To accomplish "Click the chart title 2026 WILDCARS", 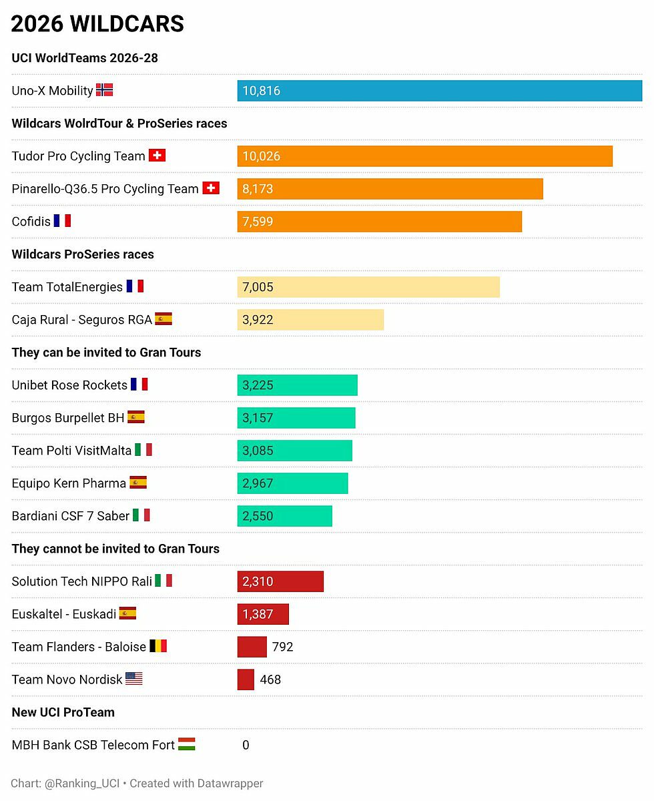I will coord(97,24).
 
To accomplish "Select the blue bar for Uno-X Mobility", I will coord(439,91).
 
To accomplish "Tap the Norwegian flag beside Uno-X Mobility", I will coord(104,90).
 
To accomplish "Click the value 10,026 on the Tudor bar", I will coord(261,156).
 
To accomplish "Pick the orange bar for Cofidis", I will coord(379,222).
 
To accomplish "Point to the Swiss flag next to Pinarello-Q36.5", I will coord(210,188).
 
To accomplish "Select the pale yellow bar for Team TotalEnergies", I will coord(368,287).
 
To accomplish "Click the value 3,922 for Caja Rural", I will coord(258,320).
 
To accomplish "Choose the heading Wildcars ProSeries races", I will coord(83,254).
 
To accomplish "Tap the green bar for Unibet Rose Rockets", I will coord(297,385).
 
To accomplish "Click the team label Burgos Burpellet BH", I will coord(68,418).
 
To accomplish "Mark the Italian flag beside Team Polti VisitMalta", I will coord(143,450).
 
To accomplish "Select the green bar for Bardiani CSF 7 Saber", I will coord(284,516).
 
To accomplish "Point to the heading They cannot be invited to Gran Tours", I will coord(115,549).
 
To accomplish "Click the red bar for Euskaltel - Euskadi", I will coord(263,614).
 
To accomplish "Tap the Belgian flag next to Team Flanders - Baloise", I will coord(157,646).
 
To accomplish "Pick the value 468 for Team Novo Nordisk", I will coord(270,680).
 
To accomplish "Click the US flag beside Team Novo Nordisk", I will coord(133,679).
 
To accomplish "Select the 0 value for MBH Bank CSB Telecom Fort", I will coord(246,745).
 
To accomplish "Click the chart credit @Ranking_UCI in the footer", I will coord(82,783).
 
